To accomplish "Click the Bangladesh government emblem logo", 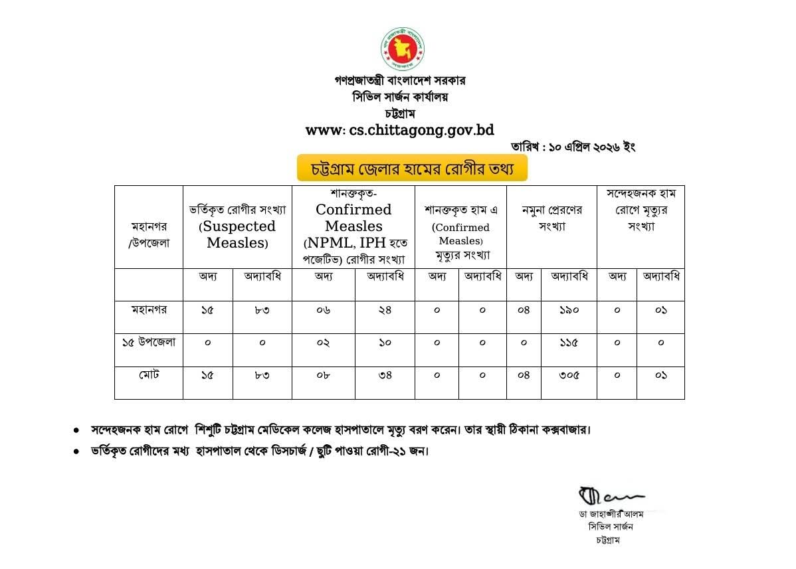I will tap(402, 48).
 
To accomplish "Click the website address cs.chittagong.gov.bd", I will tap(399, 130).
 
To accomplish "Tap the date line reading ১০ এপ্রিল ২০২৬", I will tap(573, 147).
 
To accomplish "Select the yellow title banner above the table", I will tap(412, 169).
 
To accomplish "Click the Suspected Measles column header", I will tap(237, 226).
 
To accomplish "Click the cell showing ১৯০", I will tap(569, 310).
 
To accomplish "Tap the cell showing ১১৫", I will tap(569, 343).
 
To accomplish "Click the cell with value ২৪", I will tap(385, 310).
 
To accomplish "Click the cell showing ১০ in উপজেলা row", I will tap(385, 343).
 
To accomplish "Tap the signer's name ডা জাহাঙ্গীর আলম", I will tap(611, 514).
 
